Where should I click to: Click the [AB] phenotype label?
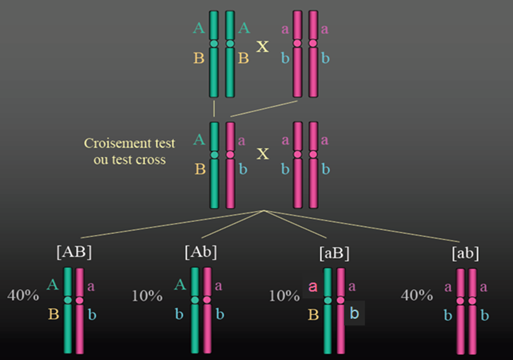coord(74,252)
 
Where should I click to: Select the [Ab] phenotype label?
coord(201,252)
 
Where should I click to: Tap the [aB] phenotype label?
coord(334,253)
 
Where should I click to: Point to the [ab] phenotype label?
coord(465,253)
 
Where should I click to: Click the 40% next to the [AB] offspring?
coord(23,295)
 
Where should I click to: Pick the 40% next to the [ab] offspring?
coord(417,295)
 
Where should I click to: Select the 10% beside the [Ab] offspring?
coord(147,296)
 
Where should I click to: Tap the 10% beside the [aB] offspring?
coord(284,296)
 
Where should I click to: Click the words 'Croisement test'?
coord(129,143)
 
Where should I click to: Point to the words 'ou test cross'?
coord(129,160)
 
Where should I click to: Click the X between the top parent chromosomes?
coord(262,47)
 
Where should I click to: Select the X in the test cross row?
coord(263,154)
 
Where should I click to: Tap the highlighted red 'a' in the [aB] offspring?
coord(313,287)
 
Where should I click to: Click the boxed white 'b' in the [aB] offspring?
coord(354,313)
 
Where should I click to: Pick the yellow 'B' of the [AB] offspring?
coord(54,314)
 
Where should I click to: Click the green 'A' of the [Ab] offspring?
coord(180,285)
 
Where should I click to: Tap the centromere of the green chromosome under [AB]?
coord(68,300)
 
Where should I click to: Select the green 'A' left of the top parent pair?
coord(199,28)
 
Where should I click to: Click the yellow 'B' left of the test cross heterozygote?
coord(200,169)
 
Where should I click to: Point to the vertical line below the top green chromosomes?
coord(214,109)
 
